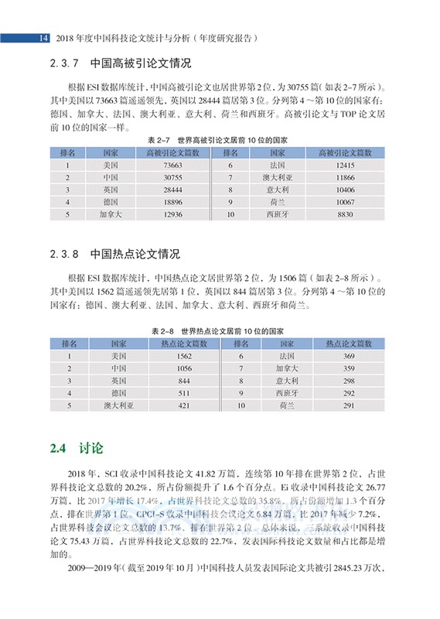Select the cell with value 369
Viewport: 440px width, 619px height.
[348, 356]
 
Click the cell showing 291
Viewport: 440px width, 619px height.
[348, 405]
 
